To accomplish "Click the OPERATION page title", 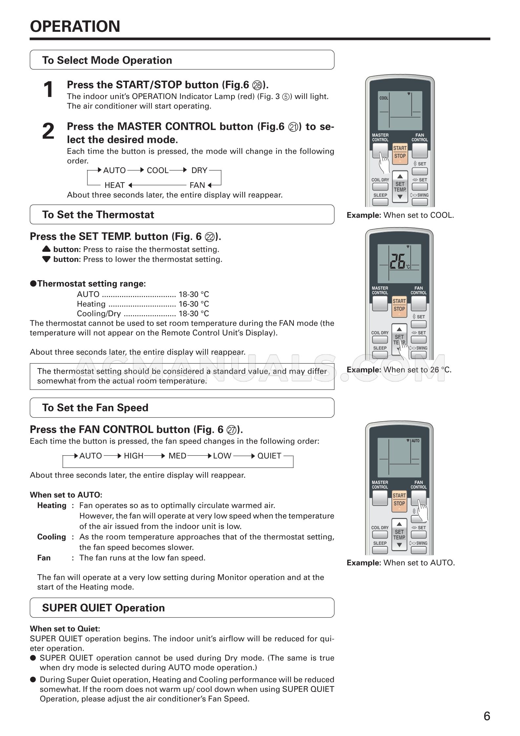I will (x=75, y=26).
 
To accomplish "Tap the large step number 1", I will (x=48, y=90).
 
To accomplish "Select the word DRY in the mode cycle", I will (x=199, y=170).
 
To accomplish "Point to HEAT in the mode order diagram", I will (x=114, y=185).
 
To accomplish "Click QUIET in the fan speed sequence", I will (x=269, y=456).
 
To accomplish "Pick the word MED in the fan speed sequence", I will (x=177, y=456).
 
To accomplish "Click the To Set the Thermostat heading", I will (x=98, y=215).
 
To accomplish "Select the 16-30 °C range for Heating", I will (x=193, y=304).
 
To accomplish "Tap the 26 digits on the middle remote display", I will (x=397, y=261).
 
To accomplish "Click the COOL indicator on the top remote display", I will (x=384, y=98).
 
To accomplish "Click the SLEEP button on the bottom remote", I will (x=380, y=550).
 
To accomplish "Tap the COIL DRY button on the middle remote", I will (x=380, y=339).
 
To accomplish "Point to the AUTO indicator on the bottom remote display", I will (x=415, y=441).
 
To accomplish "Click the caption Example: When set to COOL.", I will (x=400, y=215).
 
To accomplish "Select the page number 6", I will (x=487, y=716).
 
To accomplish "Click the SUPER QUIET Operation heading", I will (x=104, y=608).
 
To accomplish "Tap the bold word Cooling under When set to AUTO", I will (x=51, y=537).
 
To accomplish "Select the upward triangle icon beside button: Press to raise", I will (x=47, y=249).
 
